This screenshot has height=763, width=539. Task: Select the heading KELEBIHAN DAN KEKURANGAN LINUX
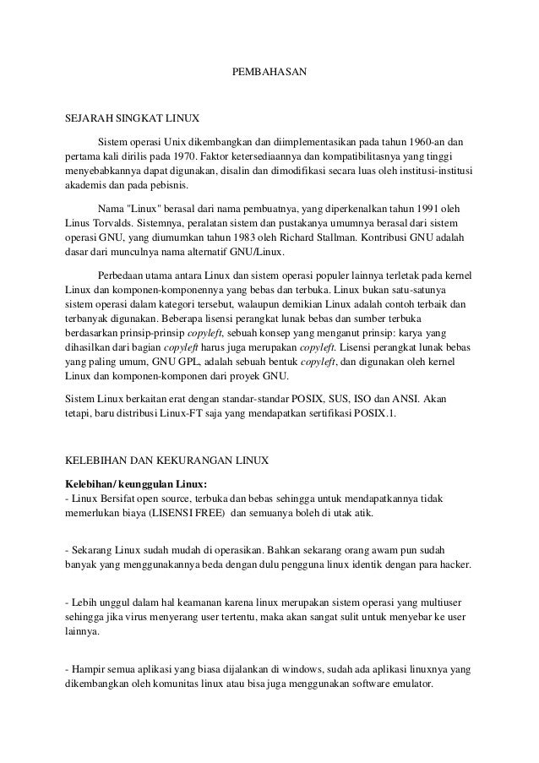[x=166, y=461]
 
